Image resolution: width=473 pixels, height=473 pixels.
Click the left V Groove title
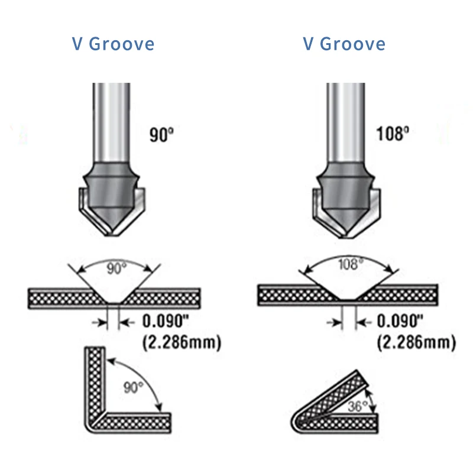113,44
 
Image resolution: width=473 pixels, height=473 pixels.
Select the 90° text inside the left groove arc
116,268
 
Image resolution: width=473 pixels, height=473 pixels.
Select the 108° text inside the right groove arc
348,264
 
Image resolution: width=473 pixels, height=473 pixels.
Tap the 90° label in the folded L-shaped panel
134,387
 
